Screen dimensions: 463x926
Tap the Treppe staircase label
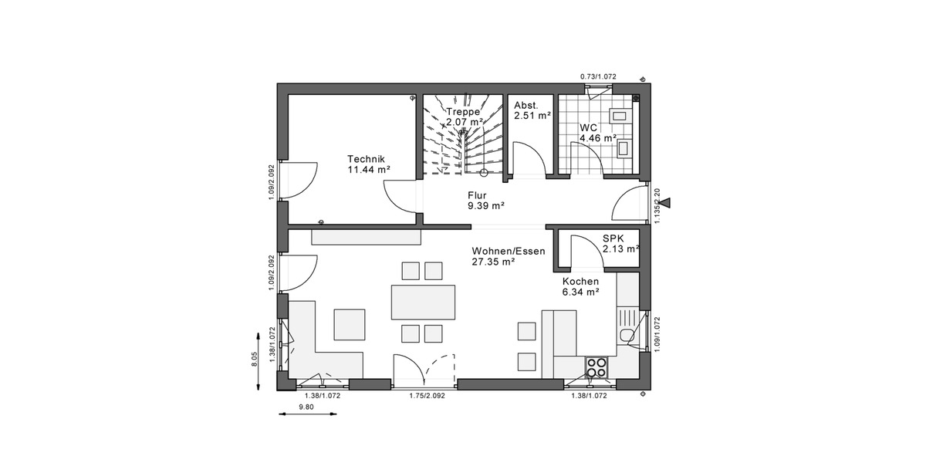click(463, 111)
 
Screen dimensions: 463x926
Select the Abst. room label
click(527, 104)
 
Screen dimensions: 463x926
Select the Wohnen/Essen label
click(509, 251)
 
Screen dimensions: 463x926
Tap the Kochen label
click(580, 282)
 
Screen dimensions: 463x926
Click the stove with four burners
click(596, 367)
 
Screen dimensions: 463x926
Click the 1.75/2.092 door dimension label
click(427, 395)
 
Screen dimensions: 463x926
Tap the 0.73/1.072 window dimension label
click(600, 76)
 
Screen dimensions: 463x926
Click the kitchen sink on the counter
click(627, 334)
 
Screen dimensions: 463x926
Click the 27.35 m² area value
click(493, 262)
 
